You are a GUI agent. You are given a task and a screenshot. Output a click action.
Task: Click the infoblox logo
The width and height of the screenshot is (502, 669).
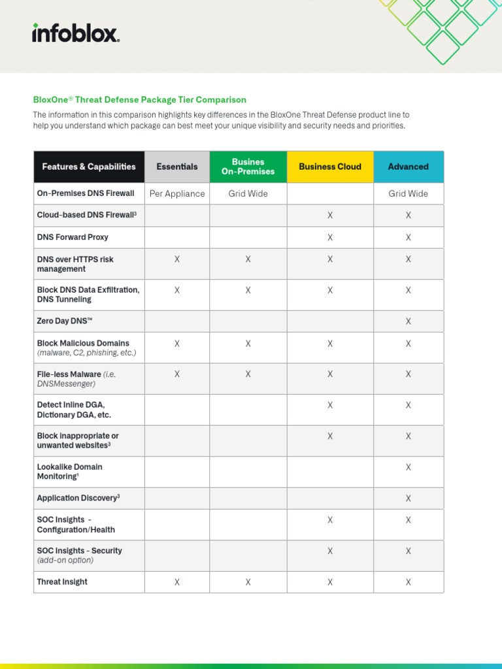pos(76,33)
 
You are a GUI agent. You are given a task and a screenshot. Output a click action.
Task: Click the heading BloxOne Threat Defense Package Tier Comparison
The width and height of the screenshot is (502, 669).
pos(139,100)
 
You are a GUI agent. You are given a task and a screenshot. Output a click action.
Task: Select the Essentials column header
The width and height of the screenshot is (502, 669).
pos(177,167)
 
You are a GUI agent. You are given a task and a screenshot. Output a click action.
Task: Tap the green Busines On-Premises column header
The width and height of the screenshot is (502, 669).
pos(248,167)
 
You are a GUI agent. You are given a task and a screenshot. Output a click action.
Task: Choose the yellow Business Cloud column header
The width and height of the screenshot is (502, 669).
pos(330,167)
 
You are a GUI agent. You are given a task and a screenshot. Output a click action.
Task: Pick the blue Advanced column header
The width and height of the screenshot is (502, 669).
pos(409,167)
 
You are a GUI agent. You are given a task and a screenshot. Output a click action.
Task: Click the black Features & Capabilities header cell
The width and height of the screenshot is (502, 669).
pos(89,167)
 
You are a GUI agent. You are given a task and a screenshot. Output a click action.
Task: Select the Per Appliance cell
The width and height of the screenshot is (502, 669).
pos(177,193)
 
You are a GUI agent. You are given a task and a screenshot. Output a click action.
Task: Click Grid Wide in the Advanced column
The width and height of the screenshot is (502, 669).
pos(409,193)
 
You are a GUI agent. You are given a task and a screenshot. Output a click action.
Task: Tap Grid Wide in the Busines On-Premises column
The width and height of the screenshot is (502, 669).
pos(248,193)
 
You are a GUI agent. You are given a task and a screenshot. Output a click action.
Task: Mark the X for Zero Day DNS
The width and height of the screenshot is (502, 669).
pos(409,321)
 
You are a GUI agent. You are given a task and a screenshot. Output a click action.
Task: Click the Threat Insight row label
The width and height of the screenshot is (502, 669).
pos(62,581)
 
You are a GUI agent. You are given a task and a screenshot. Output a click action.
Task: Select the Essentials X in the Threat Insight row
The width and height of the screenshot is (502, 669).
pos(177,582)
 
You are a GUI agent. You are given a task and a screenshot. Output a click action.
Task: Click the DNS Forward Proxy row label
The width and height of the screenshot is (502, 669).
pos(73,237)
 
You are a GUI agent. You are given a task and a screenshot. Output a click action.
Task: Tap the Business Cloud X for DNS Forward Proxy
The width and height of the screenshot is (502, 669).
pos(330,238)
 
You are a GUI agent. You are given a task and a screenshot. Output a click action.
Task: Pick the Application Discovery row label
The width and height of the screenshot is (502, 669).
pos(78,498)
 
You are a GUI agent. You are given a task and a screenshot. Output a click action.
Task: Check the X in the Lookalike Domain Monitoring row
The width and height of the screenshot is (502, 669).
pos(409,467)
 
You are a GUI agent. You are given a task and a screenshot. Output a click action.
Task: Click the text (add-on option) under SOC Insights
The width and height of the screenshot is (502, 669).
pos(65,561)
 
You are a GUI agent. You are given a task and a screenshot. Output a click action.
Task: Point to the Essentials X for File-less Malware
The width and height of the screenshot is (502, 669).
pos(177,374)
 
